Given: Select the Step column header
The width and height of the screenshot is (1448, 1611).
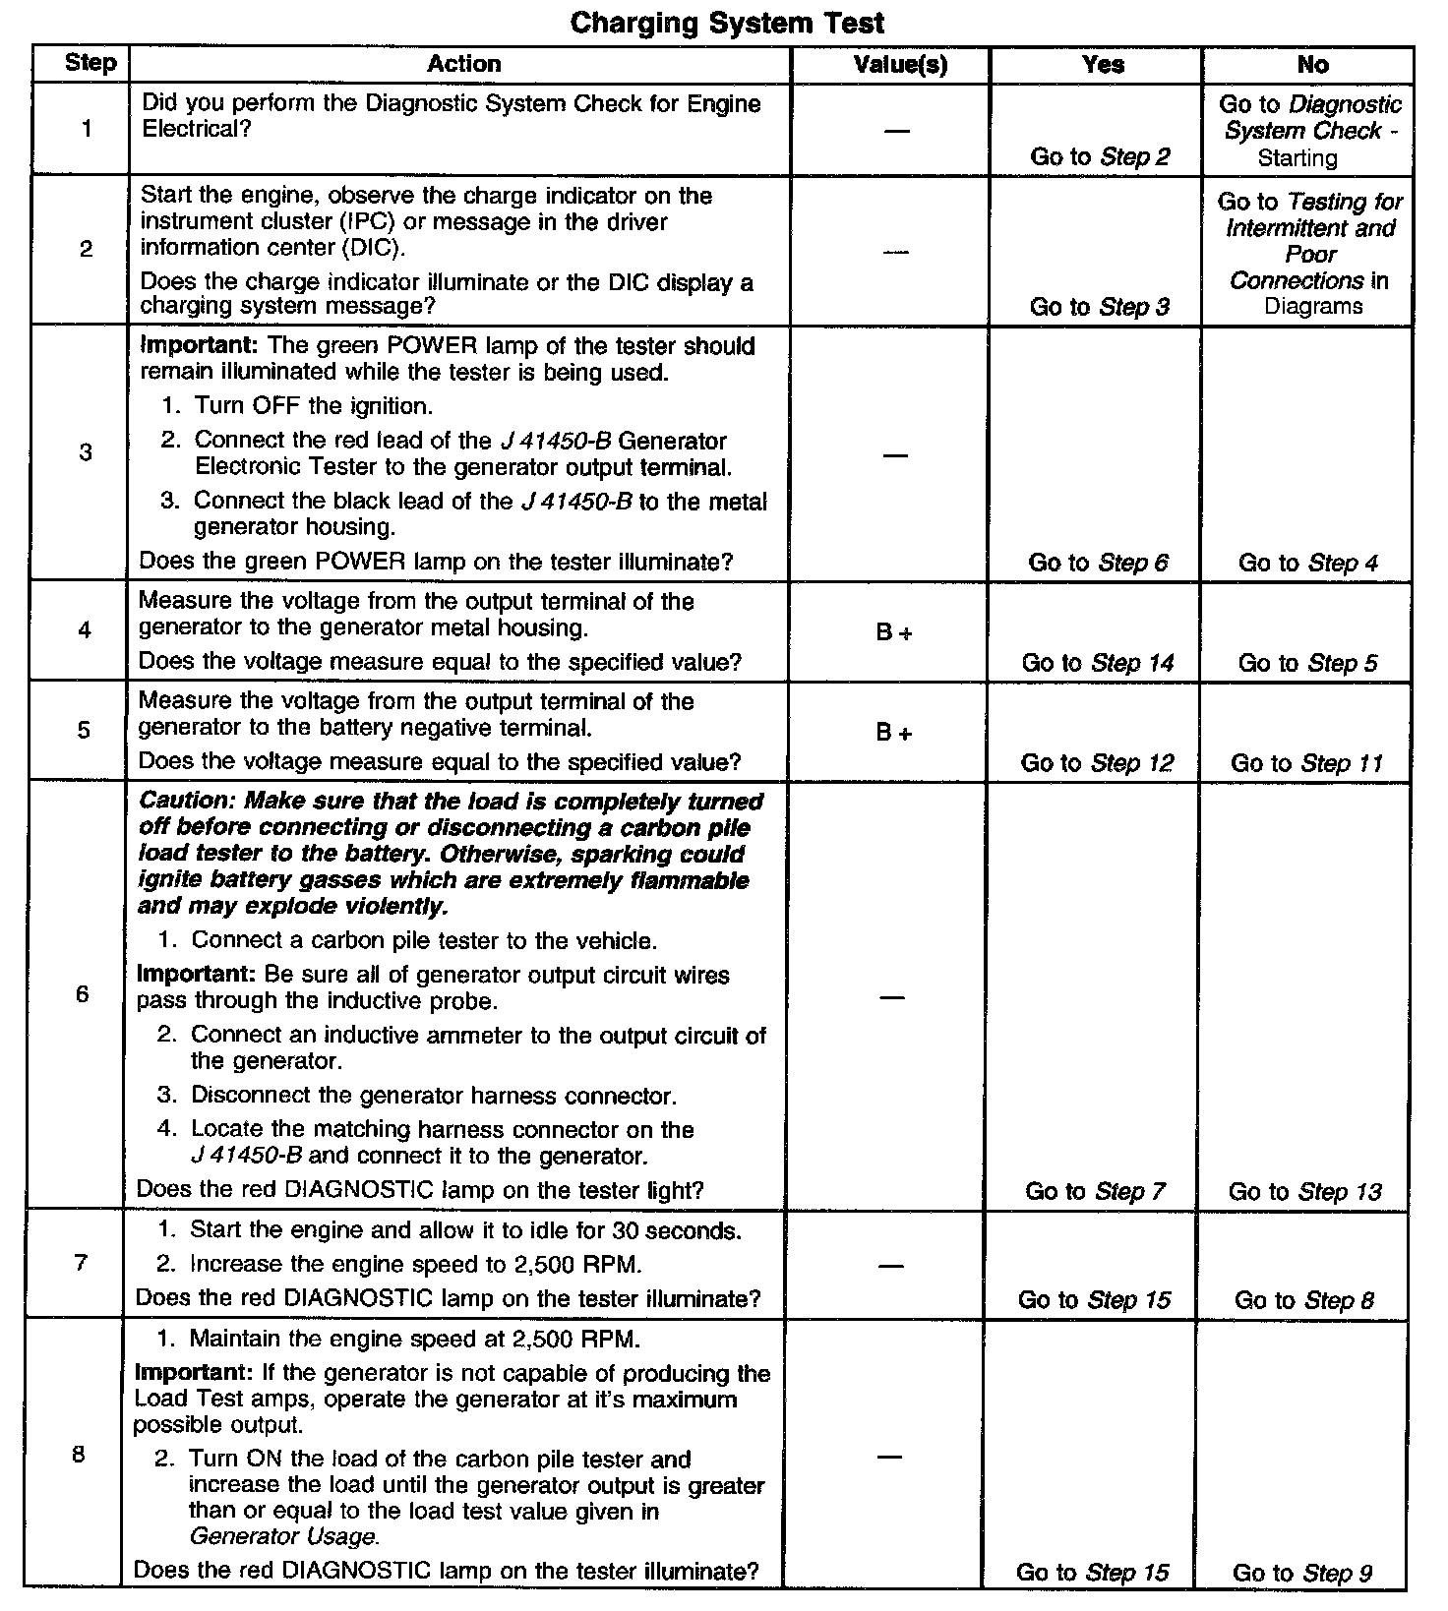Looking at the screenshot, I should pyautogui.click(x=90, y=64).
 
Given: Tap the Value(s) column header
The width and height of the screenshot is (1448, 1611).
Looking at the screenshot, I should pyautogui.click(x=900, y=65).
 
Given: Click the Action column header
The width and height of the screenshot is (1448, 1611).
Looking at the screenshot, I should pyautogui.click(x=463, y=65).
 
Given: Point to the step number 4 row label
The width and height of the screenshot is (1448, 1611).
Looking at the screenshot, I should pyautogui.click(x=85, y=629).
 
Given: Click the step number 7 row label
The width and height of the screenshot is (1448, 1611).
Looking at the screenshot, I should pyautogui.click(x=81, y=1262).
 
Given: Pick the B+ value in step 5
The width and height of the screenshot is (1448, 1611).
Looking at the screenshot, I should pyautogui.click(x=893, y=733).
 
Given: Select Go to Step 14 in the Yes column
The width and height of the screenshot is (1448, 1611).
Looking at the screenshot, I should pyautogui.click(x=1097, y=663).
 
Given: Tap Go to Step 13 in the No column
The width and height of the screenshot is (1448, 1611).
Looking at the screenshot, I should pyautogui.click(x=1304, y=1192).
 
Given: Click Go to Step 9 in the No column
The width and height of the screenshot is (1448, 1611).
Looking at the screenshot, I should pyautogui.click(x=1301, y=1573).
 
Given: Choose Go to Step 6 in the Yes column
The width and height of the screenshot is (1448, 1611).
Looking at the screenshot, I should pyautogui.click(x=1098, y=563).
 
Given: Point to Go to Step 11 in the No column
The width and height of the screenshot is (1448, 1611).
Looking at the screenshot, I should pyautogui.click(x=1305, y=763).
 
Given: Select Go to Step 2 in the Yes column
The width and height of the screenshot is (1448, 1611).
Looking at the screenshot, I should pyautogui.click(x=1100, y=156).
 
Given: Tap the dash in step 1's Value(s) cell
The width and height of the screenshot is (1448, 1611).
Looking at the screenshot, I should pyautogui.click(x=896, y=131).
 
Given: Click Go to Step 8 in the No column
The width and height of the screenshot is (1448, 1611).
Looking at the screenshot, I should pyautogui.click(x=1303, y=1300).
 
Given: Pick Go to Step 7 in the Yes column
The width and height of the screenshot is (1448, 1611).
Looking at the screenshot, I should pyautogui.click(x=1095, y=1192).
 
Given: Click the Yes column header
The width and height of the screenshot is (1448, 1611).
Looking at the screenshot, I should pyautogui.click(x=1103, y=65).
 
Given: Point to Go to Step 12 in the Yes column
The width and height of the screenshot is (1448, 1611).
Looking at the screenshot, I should pyautogui.click(x=1097, y=763).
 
